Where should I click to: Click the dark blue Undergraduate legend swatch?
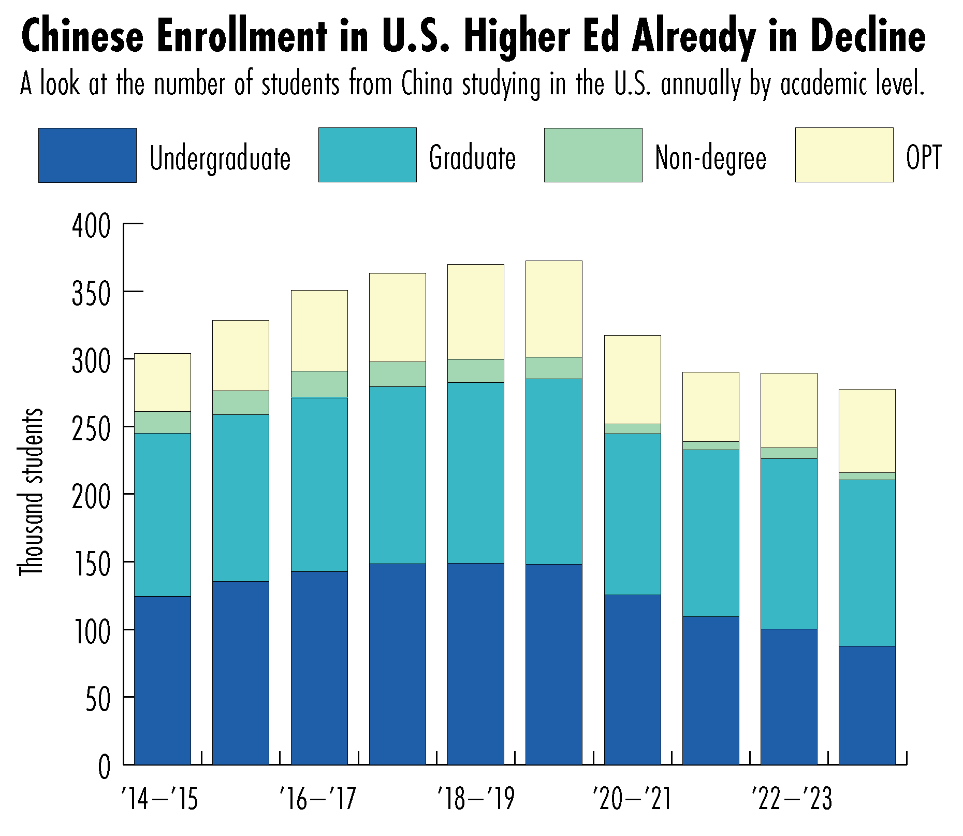[x=87, y=155]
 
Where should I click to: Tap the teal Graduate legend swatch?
[x=367, y=155]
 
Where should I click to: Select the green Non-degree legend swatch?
[x=593, y=155]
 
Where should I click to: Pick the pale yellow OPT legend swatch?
[x=844, y=155]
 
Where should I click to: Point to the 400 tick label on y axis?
[x=91, y=226]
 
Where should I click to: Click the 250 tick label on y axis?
[x=91, y=429]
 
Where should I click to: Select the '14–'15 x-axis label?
[x=159, y=799]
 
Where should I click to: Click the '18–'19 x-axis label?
[x=476, y=799]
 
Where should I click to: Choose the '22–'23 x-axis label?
[x=792, y=799]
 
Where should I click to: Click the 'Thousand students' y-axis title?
[x=31, y=492]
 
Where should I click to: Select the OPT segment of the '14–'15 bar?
[x=163, y=382]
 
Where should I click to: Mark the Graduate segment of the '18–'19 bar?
[x=475, y=472]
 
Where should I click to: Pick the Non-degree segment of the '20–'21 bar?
[x=632, y=429]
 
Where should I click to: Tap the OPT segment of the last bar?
[x=867, y=430]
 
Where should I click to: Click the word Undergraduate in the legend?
[x=220, y=158]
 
